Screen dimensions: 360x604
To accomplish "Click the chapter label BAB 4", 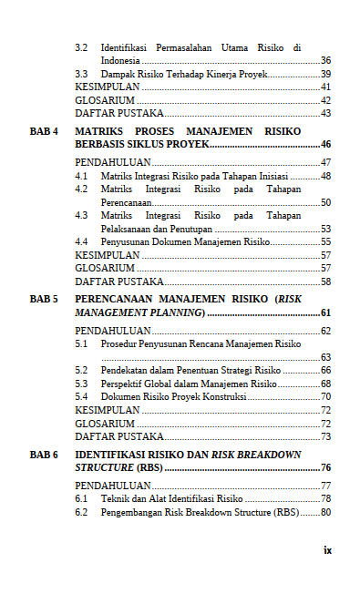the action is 44,131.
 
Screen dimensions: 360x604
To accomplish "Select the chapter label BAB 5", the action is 44,299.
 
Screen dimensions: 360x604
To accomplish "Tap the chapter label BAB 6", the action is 44,454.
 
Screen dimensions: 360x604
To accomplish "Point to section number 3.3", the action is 81,74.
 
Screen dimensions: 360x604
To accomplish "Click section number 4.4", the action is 81,242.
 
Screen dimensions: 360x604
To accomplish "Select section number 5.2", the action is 81,371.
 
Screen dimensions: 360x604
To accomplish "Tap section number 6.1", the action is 81,499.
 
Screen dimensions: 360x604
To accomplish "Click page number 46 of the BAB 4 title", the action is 324,145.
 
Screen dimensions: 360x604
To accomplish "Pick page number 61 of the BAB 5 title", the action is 324,312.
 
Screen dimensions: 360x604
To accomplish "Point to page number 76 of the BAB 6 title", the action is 324,467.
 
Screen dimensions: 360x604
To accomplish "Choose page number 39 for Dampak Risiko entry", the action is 325,74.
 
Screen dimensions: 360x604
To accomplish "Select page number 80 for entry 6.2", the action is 325,512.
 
